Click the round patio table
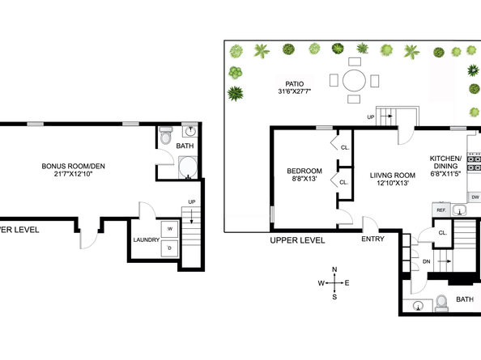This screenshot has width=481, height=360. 354,81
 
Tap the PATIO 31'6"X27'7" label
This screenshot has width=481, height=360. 295,87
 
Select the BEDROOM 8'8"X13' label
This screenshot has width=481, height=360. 304,175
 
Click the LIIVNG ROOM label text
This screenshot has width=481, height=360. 393,176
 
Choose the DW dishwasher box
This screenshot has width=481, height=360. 475,197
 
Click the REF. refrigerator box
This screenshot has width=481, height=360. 441,210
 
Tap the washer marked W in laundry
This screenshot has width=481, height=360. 169,229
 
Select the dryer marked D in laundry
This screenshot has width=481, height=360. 169,248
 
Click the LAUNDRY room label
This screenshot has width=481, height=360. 147,240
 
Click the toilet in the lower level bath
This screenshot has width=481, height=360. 166,136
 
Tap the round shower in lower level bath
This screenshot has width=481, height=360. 188,167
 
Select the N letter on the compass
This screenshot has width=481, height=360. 334,269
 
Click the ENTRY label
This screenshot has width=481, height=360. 372,239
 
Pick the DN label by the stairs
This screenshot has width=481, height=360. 427,261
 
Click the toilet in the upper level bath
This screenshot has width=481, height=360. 442,303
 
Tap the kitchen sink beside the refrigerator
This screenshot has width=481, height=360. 459,210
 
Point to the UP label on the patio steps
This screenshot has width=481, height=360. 371,117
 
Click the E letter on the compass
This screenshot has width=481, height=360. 347,283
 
